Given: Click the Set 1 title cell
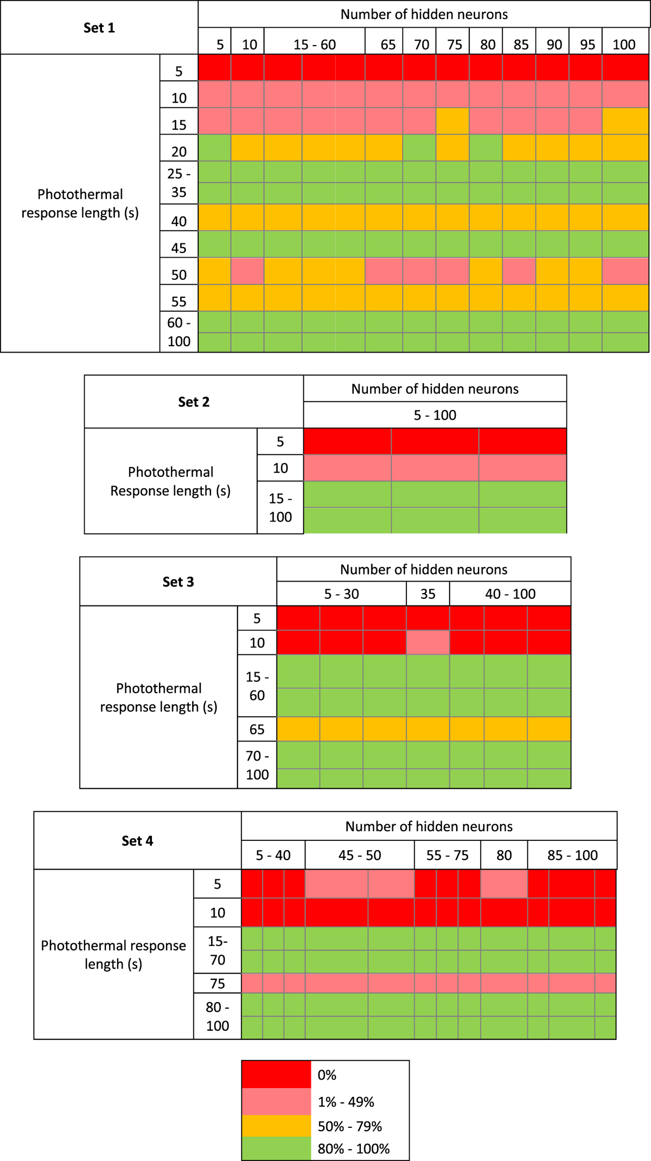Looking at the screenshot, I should pos(99,28).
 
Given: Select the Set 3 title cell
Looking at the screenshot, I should pos(178,582).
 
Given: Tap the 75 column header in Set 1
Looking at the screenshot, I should pos(454,44).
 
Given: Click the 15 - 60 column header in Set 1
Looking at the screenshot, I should pos(315,44).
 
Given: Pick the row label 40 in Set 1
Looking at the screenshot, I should pos(179,221).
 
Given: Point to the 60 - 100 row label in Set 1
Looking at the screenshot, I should pos(179,332).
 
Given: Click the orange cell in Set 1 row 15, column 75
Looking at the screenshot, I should pos(452,121).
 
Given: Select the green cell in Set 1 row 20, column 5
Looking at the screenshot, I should pos(215,148).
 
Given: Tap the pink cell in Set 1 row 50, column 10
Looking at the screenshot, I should pos(248,271).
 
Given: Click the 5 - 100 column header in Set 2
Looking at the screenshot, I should pos(435,415).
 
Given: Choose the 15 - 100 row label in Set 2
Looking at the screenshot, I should pos(280,507).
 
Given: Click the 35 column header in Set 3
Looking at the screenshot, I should pos(428,594).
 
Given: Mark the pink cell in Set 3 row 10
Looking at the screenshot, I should pos(428,642).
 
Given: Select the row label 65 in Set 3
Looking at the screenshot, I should pos(257,729).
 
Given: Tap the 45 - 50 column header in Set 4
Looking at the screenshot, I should pos(360,855).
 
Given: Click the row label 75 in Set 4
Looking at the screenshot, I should pos(218,983).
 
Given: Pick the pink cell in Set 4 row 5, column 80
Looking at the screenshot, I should pos(504,883).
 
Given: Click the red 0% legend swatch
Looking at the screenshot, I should pos(276,1075).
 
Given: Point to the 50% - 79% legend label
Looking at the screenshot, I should pos(350,1126).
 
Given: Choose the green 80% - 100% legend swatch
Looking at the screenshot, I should pos(276,1149).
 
